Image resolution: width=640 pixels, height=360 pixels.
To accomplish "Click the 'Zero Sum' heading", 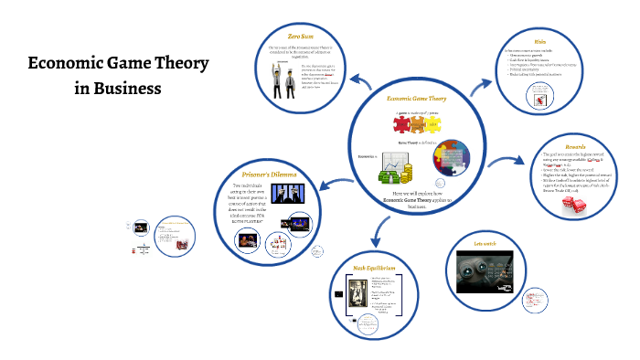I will [303, 35].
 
